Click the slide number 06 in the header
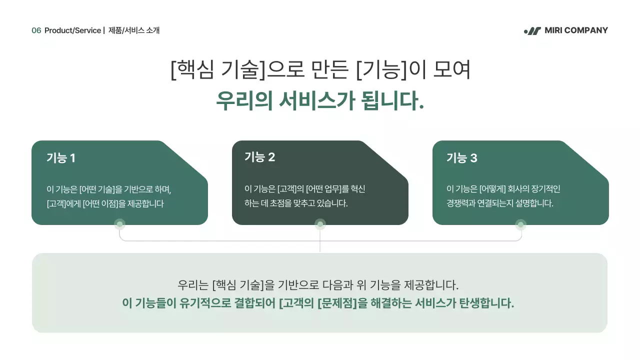point(36,30)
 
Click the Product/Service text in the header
point(72,30)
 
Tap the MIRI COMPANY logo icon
point(532,31)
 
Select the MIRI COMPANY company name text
point(576,30)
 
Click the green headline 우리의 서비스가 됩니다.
point(320,100)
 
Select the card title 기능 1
point(60,158)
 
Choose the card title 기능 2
point(259,157)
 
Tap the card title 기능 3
point(461,158)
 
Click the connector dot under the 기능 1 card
point(119,224)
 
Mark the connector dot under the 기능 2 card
point(320,224)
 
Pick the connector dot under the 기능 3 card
point(520,224)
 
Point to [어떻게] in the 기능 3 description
point(492,189)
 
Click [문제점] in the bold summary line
point(337,303)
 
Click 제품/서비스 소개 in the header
point(134,30)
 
